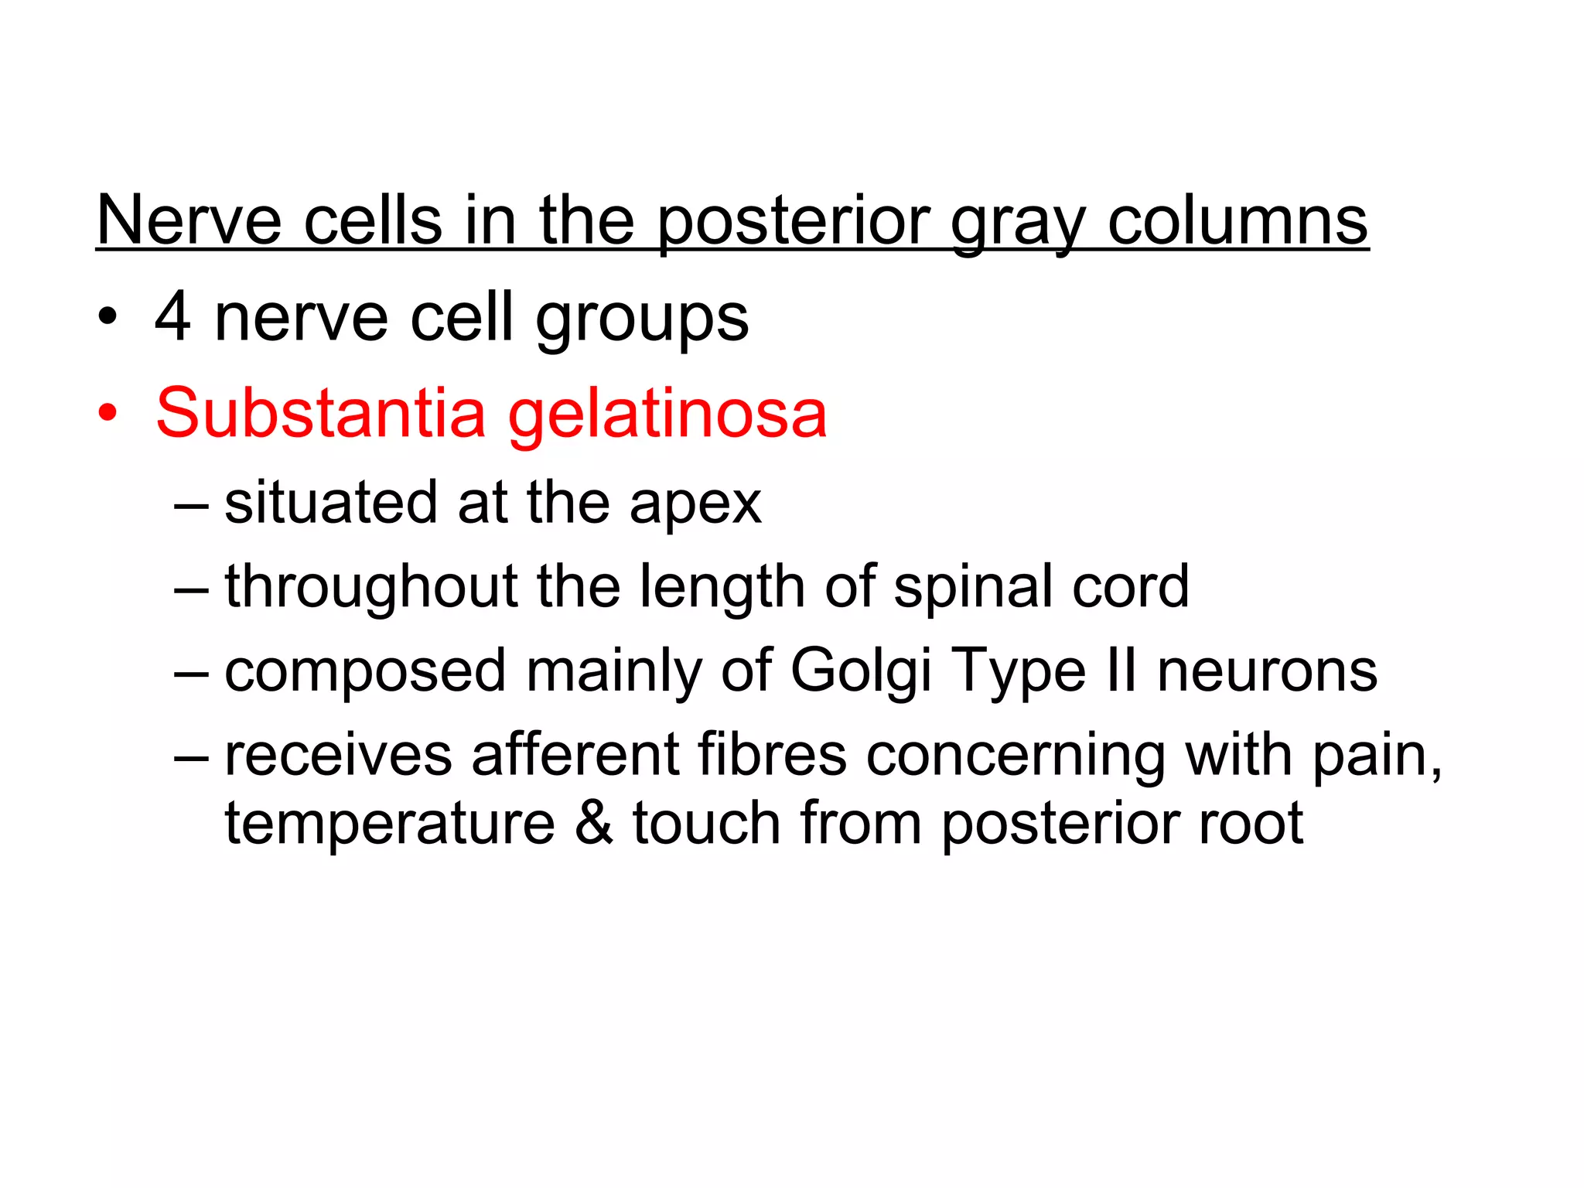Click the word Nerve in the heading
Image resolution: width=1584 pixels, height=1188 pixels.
(x=189, y=221)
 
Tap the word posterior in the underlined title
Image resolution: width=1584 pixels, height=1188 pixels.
(x=794, y=221)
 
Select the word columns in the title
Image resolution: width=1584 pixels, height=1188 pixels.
(x=1237, y=221)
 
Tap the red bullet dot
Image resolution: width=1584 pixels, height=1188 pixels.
(x=108, y=414)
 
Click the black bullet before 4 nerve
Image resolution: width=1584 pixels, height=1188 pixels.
(x=108, y=318)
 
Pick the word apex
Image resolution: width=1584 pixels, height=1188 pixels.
(x=695, y=504)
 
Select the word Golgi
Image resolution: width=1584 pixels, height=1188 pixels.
(x=860, y=671)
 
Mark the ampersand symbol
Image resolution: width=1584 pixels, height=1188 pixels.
(x=593, y=823)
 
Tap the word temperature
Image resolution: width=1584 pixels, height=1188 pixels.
(x=390, y=824)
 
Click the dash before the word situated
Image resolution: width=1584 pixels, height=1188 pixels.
(x=191, y=505)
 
